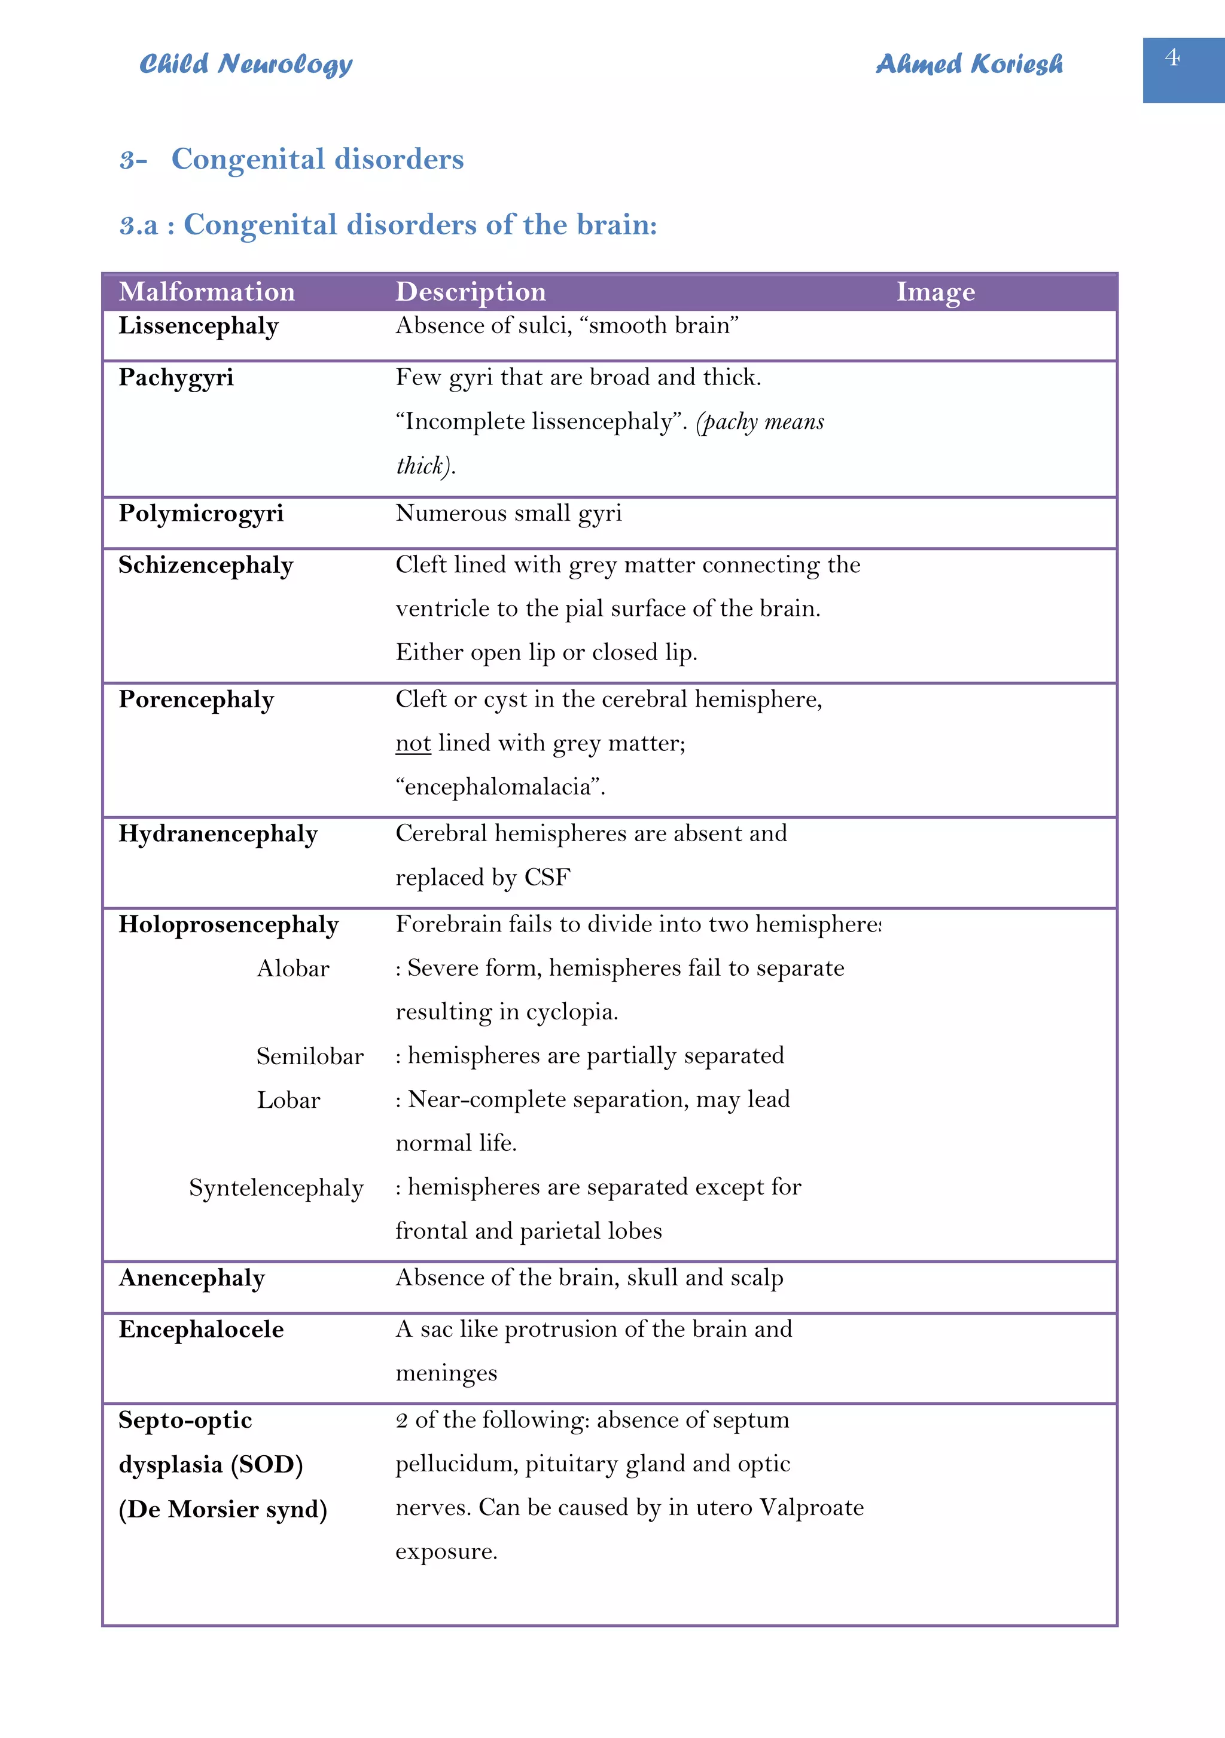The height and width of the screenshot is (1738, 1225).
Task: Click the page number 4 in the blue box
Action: click(x=1172, y=57)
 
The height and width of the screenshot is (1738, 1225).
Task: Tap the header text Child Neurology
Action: click(x=245, y=65)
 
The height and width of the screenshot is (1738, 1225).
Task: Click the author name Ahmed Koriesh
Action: click(x=969, y=65)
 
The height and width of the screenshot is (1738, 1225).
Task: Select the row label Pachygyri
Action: click(x=176, y=378)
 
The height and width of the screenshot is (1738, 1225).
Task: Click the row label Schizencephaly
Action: click(x=205, y=566)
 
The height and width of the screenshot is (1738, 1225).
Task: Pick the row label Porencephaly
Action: click(x=196, y=700)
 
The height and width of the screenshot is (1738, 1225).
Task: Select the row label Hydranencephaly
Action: click(x=218, y=834)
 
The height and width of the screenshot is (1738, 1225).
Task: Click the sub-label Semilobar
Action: click(x=310, y=1056)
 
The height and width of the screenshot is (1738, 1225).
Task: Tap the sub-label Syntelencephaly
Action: click(x=276, y=1189)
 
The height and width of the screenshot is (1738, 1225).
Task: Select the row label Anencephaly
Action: click(x=191, y=1278)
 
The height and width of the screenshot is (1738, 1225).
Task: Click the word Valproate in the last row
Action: click(x=811, y=1508)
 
